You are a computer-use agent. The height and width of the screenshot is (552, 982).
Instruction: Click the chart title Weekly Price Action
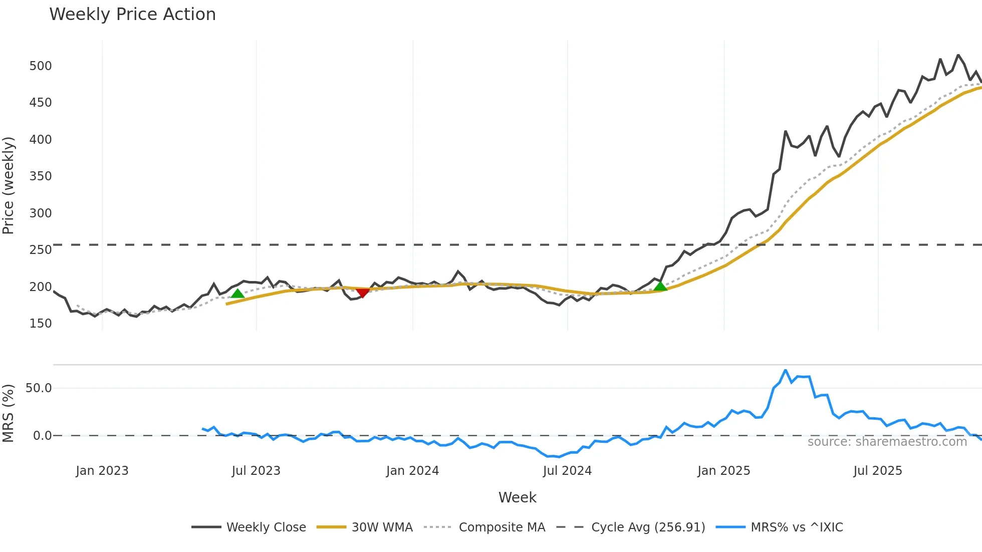click(x=132, y=15)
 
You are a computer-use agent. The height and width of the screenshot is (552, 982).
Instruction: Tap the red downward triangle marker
click(x=362, y=293)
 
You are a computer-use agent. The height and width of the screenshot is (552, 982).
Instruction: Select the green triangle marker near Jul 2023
click(x=237, y=294)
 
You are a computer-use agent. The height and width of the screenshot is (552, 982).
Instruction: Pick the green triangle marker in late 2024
click(x=660, y=287)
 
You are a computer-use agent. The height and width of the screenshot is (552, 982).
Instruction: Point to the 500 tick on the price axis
click(x=41, y=66)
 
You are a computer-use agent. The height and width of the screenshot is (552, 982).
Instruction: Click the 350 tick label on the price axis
click(x=41, y=176)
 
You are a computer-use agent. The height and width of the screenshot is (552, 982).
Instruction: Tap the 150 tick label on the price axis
click(x=41, y=324)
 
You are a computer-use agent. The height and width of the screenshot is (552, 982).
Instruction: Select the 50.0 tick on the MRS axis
click(x=39, y=388)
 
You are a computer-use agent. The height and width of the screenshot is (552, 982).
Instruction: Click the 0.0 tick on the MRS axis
click(x=42, y=436)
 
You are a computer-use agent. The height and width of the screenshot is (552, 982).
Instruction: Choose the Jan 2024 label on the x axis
click(x=412, y=471)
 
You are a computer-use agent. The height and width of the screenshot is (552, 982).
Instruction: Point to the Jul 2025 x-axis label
click(x=877, y=471)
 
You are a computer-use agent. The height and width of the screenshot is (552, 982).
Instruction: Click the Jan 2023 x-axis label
click(x=102, y=471)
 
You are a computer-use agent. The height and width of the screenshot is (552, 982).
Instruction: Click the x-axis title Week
click(x=517, y=497)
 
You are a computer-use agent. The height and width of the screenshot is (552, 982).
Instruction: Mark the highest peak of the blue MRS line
click(x=785, y=370)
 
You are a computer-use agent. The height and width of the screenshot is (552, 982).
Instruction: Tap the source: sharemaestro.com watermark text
click(x=887, y=442)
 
